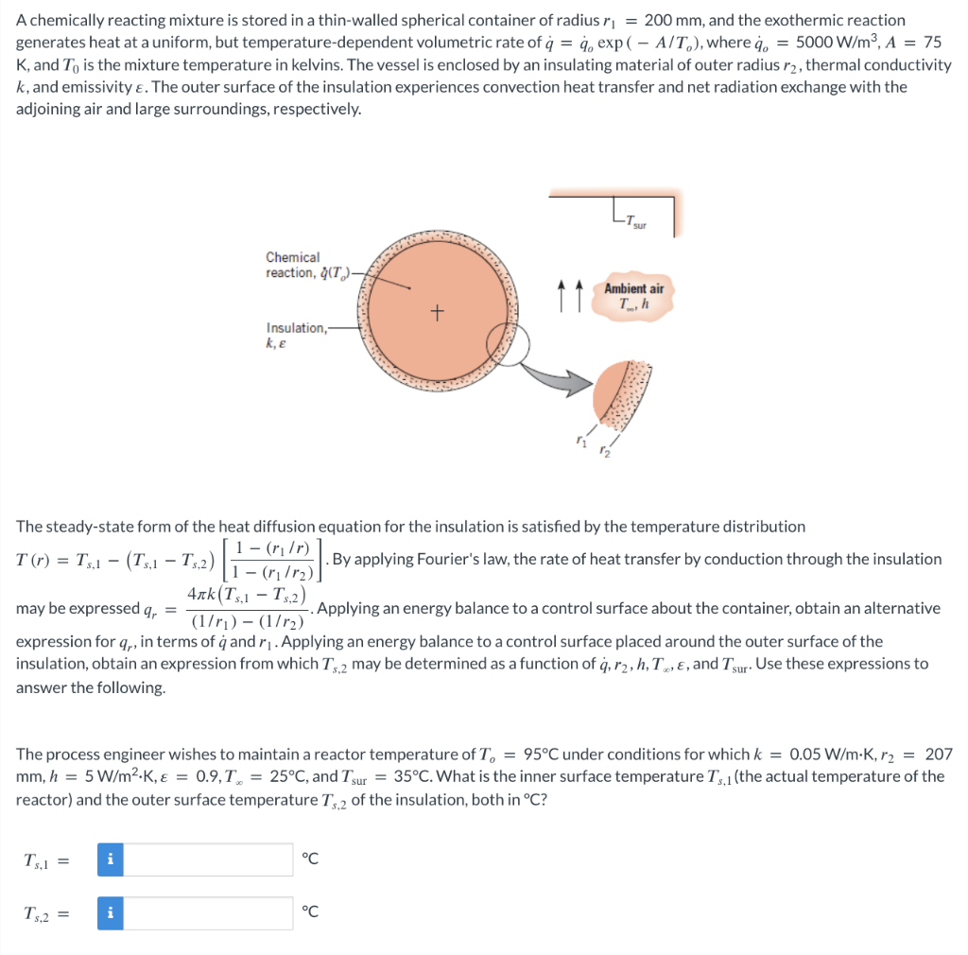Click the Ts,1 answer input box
[x=208, y=859]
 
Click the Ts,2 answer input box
[x=208, y=912]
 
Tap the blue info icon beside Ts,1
[x=111, y=859]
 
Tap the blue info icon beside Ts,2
[x=111, y=912]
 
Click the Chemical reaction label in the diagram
[x=294, y=265]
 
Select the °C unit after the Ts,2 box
[x=309, y=912]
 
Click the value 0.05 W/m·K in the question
[x=828, y=754]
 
